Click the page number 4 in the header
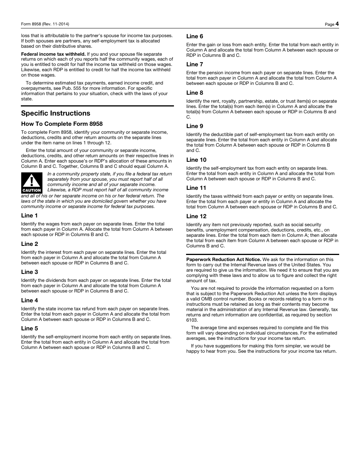pyautogui.click(x=337, y=24)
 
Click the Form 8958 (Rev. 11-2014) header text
pyautogui.click(x=45, y=24)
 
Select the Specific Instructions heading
pyautogui.click(x=56, y=113)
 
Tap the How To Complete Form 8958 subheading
pyautogui.click(x=62, y=124)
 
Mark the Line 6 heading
pyautogui.click(x=195, y=36)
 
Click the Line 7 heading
pyautogui.click(x=195, y=64)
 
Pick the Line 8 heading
pyautogui.click(x=195, y=93)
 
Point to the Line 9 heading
pyautogui.click(x=195, y=126)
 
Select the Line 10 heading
pyautogui.click(x=196, y=160)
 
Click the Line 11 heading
pyautogui.click(x=196, y=188)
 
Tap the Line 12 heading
pyautogui.click(x=196, y=216)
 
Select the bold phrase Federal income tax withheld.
pyautogui.click(x=53, y=54)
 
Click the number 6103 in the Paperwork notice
pyautogui.click(x=192, y=320)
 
